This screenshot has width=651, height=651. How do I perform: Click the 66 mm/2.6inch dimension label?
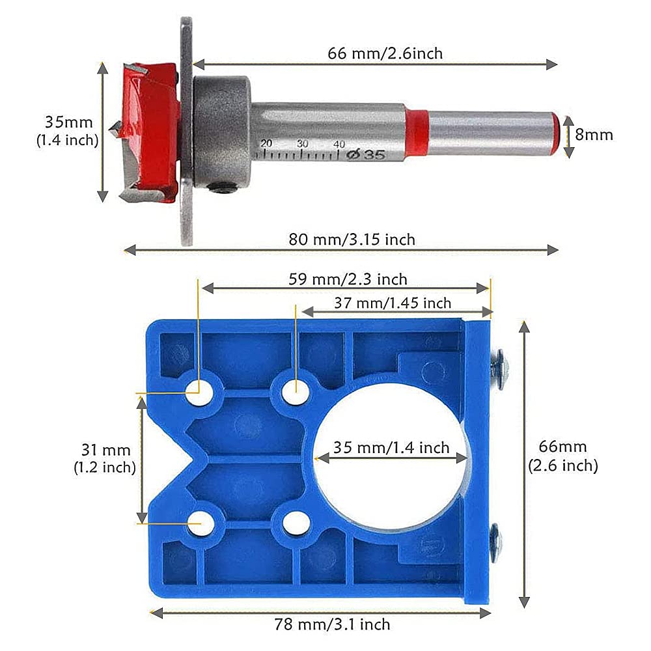coord(385,53)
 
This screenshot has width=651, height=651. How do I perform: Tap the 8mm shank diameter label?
coord(594,135)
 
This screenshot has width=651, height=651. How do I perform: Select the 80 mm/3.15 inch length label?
coord(352,240)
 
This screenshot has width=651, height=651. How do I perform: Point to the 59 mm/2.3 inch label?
coord(348,279)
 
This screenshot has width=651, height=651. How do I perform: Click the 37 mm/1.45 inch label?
coord(393,303)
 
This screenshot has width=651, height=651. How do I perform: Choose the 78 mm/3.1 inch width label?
coord(332,624)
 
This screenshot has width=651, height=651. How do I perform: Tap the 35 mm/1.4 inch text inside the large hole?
coord(391,448)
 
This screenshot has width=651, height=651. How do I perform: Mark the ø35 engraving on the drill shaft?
coord(366,154)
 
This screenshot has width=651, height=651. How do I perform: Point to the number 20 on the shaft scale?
coord(266,144)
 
